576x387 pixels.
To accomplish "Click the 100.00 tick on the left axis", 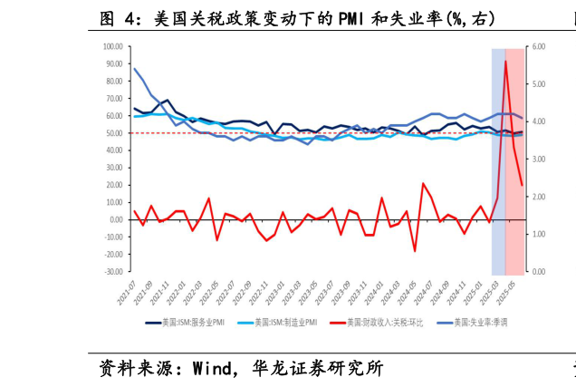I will pos(113,46).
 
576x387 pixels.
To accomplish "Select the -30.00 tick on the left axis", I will pos(113,272).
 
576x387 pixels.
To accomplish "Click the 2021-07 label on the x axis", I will pos(123,292).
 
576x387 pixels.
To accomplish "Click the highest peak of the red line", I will pos(505,61).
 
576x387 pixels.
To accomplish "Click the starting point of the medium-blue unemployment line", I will pos(134,69).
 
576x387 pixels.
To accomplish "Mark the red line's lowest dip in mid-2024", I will pos(415,251).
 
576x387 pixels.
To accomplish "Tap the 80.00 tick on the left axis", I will pos(115,82).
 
